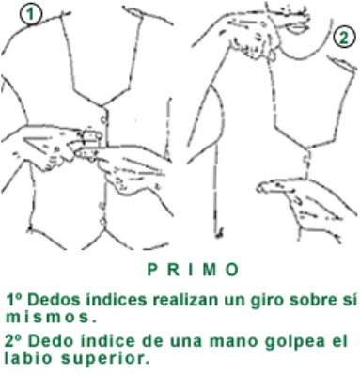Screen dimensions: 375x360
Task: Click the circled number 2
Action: [342, 39]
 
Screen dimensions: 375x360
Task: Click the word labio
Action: [25, 357]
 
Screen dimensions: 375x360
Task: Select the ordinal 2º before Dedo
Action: [15, 340]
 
